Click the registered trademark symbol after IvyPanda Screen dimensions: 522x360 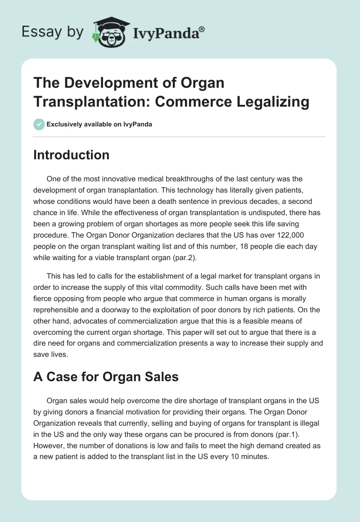pos(202,29)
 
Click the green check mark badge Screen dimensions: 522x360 pos(39,124)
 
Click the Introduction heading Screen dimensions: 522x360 pos(71,155)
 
